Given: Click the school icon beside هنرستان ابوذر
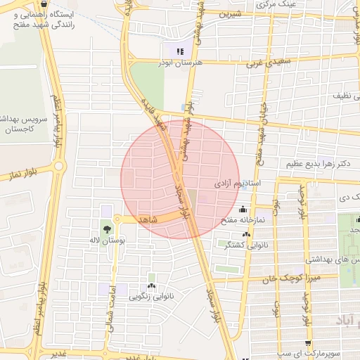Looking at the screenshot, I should click(x=179, y=51).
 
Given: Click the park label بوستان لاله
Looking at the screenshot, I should click(x=108, y=241).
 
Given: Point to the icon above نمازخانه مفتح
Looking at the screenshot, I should click(x=243, y=209).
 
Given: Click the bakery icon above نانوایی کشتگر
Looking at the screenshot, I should click(x=245, y=235).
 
